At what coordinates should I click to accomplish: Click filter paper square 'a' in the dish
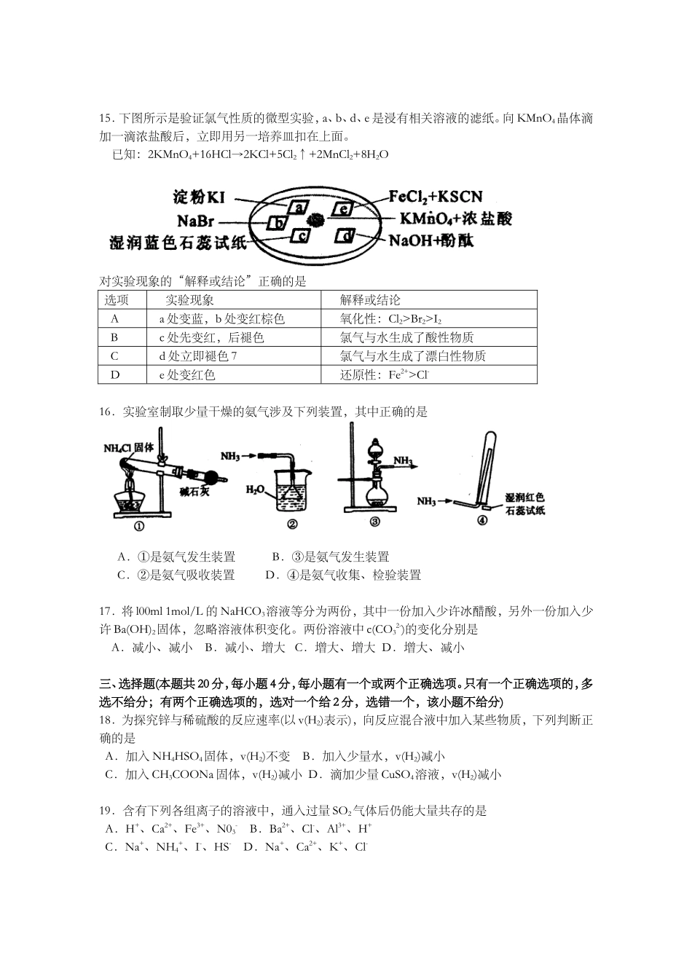(x=298, y=208)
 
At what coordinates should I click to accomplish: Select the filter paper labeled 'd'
(x=347, y=236)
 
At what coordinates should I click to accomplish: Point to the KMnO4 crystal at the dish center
(x=316, y=219)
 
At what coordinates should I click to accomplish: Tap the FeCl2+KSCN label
(x=435, y=196)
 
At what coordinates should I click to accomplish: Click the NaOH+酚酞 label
(x=431, y=240)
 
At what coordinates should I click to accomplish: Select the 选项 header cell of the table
(x=116, y=300)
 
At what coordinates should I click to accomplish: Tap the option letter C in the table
(x=114, y=356)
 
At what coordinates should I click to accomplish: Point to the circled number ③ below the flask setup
(x=374, y=522)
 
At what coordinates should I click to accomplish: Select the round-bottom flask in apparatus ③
(x=377, y=492)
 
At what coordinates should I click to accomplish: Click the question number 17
(x=106, y=610)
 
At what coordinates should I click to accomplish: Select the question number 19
(x=106, y=811)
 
